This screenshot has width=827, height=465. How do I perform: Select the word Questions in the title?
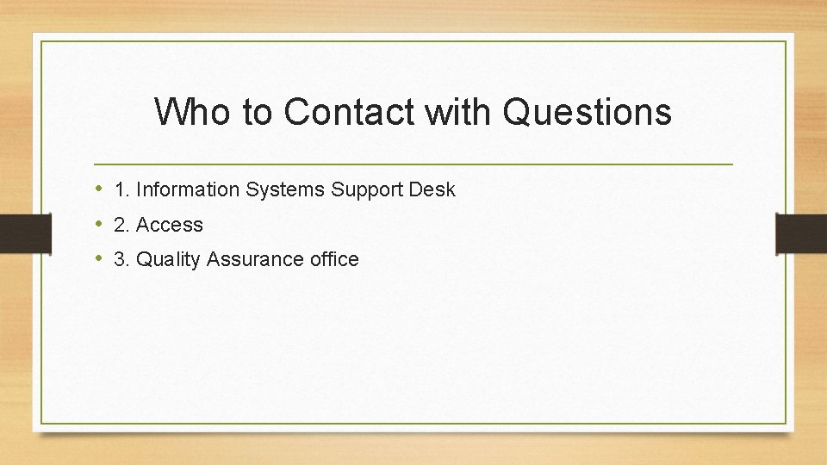pos(586,112)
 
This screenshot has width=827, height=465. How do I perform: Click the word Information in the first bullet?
pos(188,189)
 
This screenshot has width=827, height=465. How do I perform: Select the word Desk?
pos(432,189)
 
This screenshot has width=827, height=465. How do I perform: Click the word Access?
pos(170,225)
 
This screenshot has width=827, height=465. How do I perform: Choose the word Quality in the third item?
pos(166,259)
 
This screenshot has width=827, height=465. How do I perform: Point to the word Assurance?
pos(247,259)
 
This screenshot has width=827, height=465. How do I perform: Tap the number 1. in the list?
pos(121,189)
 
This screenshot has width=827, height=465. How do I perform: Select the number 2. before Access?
pos(121,225)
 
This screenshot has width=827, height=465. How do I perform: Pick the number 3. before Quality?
pos(121,259)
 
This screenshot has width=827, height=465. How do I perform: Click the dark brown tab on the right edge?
pos(801,233)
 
